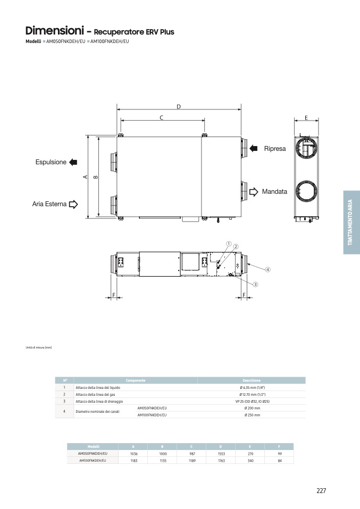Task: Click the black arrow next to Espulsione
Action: pyautogui.click(x=73, y=162)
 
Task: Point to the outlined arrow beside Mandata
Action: pyautogui.click(x=254, y=191)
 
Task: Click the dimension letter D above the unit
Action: pyautogui.click(x=179, y=107)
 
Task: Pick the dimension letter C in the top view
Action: pyautogui.click(x=161, y=117)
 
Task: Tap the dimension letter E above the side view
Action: pyautogui.click(x=306, y=117)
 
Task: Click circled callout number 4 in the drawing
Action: pyautogui.click(x=268, y=269)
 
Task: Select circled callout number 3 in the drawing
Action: pyautogui.click(x=255, y=284)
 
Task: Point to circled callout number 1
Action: pyautogui.click(x=228, y=244)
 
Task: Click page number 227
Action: pyautogui.click(x=321, y=490)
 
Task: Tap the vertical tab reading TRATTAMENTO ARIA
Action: pyautogui.click(x=351, y=222)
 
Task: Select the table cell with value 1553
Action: pyautogui.click(x=221, y=454)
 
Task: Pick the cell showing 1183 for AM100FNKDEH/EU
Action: pyautogui.click(x=133, y=461)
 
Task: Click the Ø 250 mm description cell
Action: pyautogui.click(x=252, y=415)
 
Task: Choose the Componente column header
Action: pyautogui.click(x=136, y=380)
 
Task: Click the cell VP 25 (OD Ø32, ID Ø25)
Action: pyautogui.click(x=252, y=401)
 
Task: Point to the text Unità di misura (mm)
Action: pyautogui.click(x=39, y=347)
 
